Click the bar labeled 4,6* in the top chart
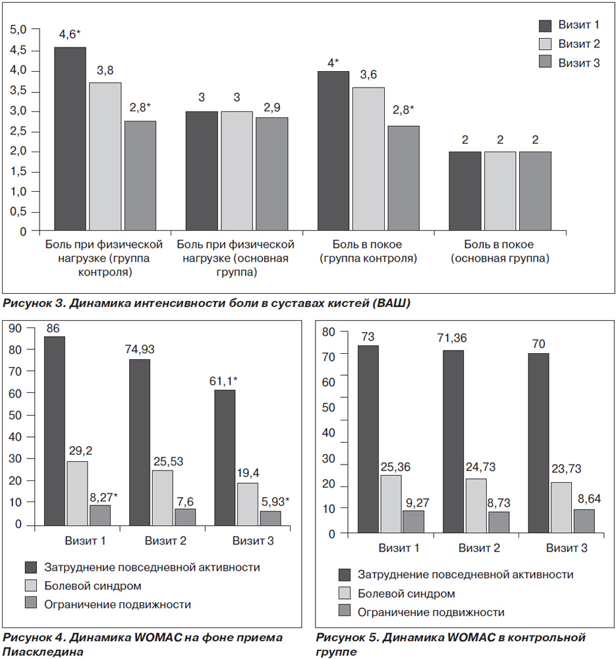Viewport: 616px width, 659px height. click(x=70, y=138)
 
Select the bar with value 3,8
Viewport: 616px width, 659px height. click(x=105, y=156)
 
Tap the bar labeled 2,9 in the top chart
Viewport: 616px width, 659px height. click(x=272, y=173)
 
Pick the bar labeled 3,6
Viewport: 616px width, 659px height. click(x=368, y=159)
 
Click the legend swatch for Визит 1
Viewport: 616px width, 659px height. click(x=545, y=26)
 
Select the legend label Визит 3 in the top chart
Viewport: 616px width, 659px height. click(x=578, y=63)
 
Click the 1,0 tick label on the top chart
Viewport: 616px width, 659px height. click(x=18, y=192)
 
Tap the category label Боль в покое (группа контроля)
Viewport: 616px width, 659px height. click(x=368, y=251)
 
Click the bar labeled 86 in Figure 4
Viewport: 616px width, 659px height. click(x=55, y=431)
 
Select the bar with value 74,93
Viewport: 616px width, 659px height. click(x=140, y=442)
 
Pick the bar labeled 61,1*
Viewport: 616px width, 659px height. click(x=225, y=458)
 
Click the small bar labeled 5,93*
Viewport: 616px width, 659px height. click(x=270, y=518)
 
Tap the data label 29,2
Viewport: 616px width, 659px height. click(x=80, y=451)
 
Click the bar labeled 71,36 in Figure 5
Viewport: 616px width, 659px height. click(x=453, y=442)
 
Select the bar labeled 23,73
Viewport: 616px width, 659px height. click(x=561, y=507)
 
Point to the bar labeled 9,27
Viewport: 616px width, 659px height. click(x=414, y=522)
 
